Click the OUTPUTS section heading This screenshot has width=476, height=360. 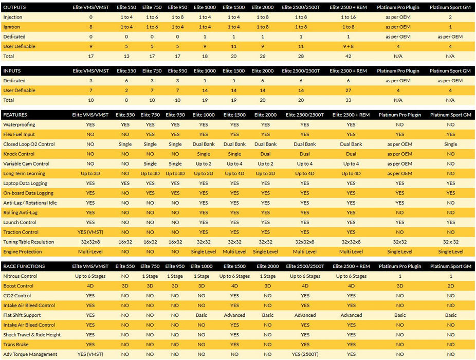pos(15,8)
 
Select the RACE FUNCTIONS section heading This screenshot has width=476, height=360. pos(24,266)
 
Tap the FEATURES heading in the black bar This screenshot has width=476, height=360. pos(15,115)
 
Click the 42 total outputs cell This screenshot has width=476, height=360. pos(348,56)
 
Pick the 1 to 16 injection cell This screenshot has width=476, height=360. pos(348,17)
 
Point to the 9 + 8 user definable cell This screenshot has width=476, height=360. pos(348,46)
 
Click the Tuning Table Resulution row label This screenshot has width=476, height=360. pos(28,242)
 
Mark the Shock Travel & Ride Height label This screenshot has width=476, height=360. pos(32,335)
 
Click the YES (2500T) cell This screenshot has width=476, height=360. pos(305,354)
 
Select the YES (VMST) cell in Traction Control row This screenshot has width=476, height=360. pos(90,232)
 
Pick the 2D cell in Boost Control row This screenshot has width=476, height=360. pos(450,286)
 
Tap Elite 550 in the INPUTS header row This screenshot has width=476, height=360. pos(126,71)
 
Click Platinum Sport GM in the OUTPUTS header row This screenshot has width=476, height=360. pos(450,8)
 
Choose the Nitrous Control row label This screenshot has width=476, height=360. pos(21,276)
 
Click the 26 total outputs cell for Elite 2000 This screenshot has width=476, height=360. pos(263,56)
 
